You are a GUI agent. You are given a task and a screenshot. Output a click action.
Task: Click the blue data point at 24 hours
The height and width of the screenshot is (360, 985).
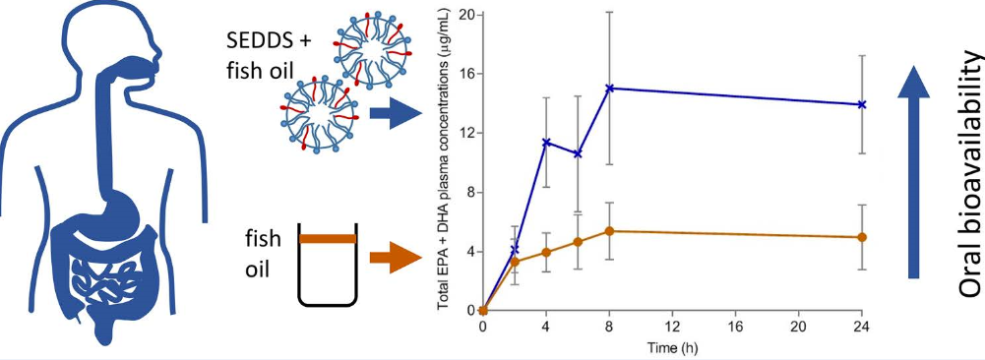(862, 104)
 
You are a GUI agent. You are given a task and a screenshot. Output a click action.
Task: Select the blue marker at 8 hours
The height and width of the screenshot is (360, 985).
(609, 88)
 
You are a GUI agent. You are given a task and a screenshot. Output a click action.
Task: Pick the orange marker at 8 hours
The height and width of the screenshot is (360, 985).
(609, 231)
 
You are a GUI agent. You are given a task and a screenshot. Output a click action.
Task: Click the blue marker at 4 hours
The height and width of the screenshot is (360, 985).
(546, 143)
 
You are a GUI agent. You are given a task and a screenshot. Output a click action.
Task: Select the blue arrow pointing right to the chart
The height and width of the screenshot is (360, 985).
(396, 113)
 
